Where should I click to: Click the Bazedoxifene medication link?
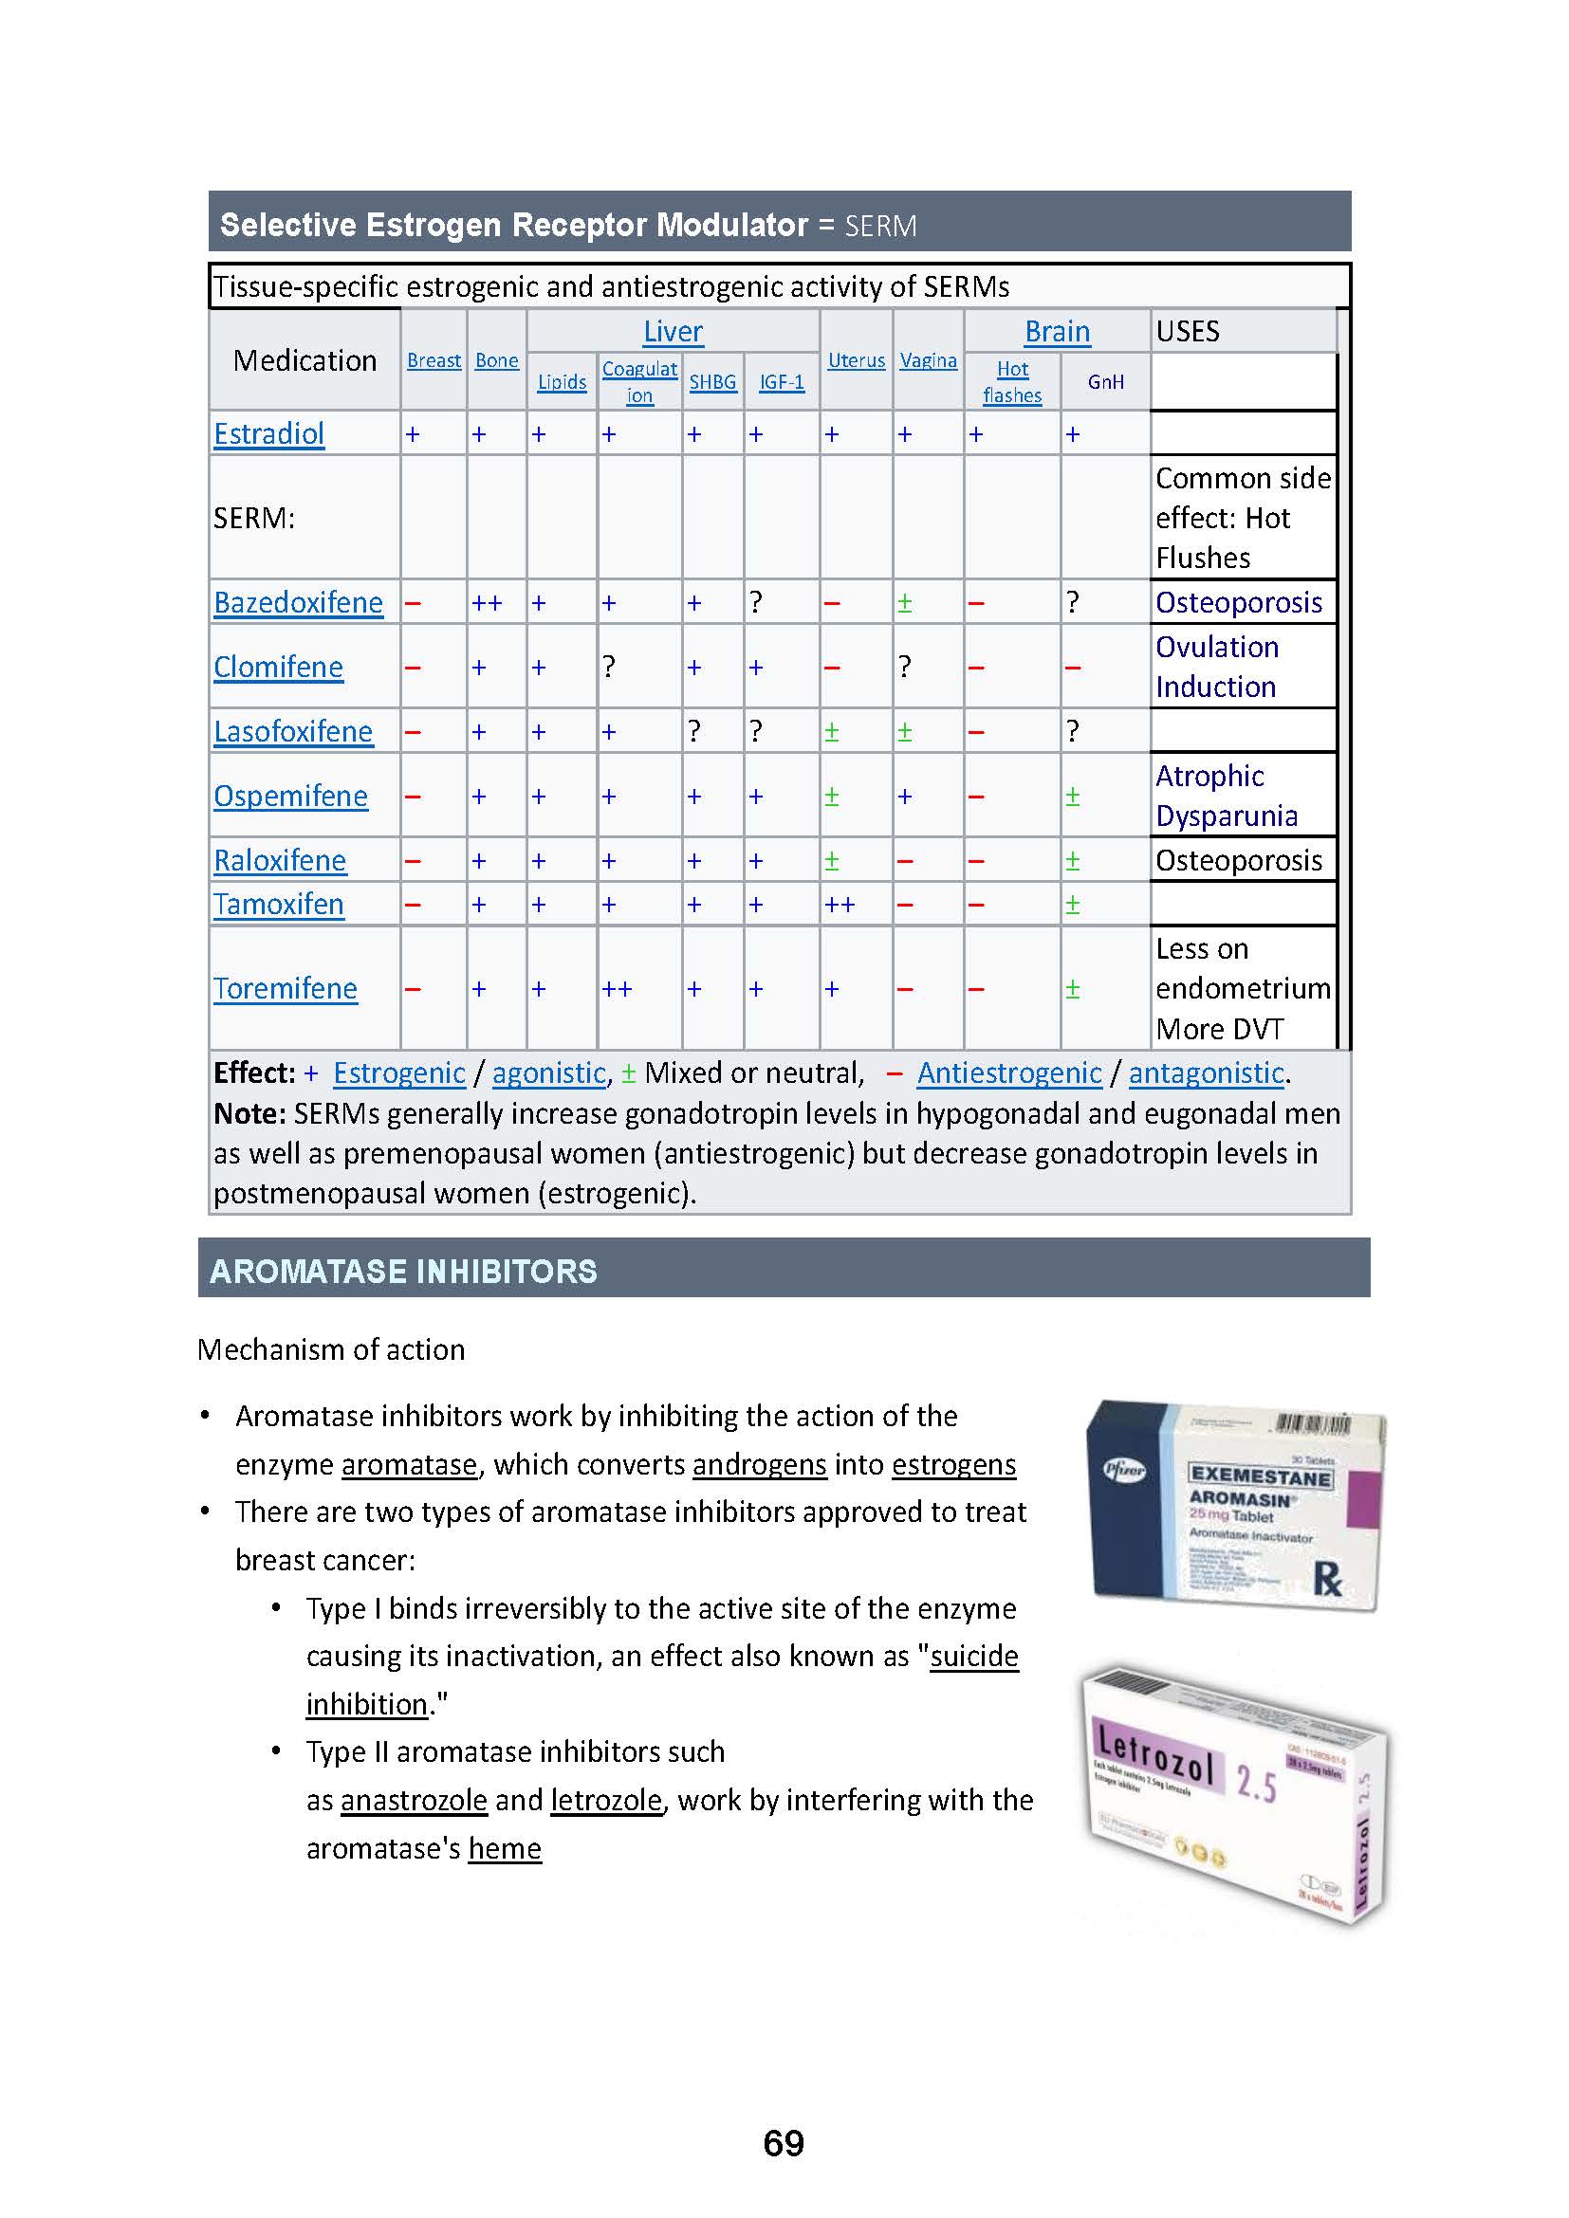point(298,602)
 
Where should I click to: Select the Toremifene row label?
point(285,988)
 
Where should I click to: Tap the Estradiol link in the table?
point(268,433)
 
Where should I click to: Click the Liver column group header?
point(673,331)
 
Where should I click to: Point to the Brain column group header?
point(1057,331)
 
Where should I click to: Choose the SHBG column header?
point(712,381)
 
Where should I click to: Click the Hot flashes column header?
point(1011,381)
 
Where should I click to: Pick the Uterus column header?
point(856,360)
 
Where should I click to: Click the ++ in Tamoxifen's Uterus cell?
point(839,905)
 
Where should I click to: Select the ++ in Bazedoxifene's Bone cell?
point(486,603)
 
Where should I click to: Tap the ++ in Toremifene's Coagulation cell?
point(617,989)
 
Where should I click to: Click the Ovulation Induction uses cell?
point(1216,667)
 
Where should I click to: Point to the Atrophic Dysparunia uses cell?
point(1226,795)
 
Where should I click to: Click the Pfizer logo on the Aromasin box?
point(1123,1471)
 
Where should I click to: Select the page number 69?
point(784,2143)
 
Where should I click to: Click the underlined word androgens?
point(760,1464)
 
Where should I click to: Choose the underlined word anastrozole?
point(414,1800)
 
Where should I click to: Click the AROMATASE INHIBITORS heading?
point(404,1272)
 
